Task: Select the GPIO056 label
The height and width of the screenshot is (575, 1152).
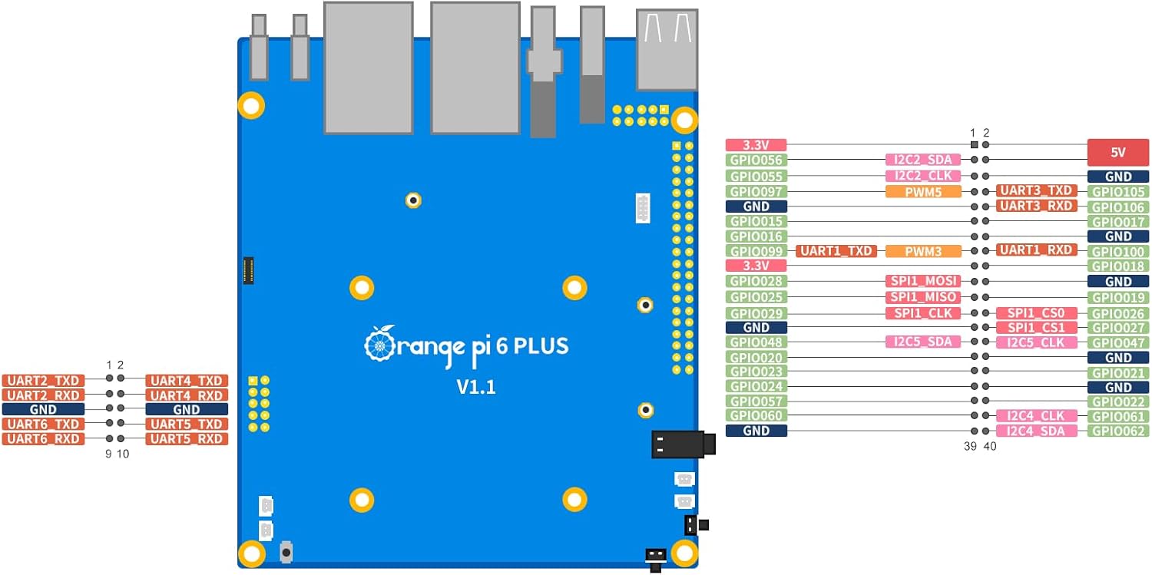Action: (x=756, y=160)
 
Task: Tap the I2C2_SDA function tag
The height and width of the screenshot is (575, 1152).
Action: (x=922, y=160)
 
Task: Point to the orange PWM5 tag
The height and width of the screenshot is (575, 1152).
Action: (x=922, y=191)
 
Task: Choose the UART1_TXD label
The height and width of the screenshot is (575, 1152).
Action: (x=836, y=251)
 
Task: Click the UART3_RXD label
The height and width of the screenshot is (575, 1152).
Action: (x=1037, y=206)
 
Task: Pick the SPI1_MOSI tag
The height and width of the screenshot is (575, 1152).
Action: (x=922, y=281)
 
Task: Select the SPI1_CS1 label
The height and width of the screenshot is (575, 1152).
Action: (x=1037, y=328)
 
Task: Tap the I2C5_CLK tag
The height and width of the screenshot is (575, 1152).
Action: (x=1037, y=342)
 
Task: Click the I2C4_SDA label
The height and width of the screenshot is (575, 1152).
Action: (x=1037, y=431)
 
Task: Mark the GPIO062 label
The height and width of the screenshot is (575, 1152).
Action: (x=1118, y=431)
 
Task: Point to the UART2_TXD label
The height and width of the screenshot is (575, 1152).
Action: (x=43, y=380)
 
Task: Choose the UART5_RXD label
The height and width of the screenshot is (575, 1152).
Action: (x=187, y=438)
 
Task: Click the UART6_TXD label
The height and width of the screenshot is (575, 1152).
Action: (x=43, y=424)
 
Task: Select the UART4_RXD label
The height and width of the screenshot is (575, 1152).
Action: (x=187, y=395)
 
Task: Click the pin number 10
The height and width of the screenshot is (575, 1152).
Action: (x=123, y=454)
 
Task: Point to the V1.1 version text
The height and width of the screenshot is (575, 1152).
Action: (x=476, y=387)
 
